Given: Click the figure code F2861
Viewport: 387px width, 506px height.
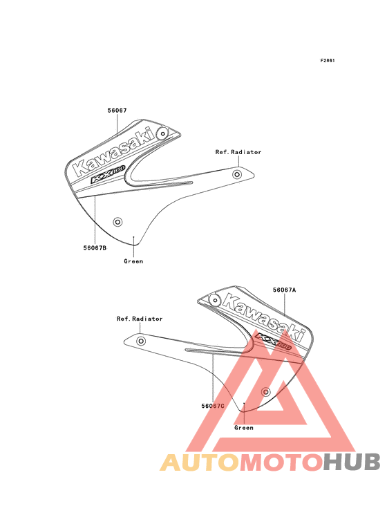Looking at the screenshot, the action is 328,60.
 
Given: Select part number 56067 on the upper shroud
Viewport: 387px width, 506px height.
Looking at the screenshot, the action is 117,111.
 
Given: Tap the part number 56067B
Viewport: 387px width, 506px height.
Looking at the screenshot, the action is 95,248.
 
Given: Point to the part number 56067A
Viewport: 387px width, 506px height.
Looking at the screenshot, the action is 285,290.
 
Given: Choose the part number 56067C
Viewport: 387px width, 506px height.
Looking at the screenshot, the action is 213,406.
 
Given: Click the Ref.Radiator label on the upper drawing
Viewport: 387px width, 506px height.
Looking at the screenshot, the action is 238,152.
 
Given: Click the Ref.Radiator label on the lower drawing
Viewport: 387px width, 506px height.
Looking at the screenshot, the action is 140,319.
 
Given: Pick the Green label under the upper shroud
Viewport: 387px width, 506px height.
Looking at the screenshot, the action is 133,261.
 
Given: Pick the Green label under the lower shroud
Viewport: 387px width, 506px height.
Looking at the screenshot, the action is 244,428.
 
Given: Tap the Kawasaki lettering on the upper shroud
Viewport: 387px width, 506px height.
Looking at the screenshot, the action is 114,152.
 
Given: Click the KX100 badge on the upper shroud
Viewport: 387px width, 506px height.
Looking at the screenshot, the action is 108,175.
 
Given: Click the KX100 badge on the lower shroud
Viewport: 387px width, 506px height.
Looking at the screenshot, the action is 274,341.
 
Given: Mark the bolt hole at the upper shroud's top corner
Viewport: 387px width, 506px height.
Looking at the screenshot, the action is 163,133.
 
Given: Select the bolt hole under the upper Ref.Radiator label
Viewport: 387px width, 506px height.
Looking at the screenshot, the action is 237,175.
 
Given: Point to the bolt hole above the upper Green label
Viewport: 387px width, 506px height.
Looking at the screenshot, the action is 117,222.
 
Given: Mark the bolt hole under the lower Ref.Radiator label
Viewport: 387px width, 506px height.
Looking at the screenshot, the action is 141,341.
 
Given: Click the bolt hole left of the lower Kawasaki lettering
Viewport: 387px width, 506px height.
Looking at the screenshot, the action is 214,301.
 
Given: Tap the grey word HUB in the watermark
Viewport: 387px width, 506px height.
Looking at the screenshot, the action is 352,462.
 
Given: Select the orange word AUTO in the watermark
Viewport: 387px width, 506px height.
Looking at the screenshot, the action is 200,462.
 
